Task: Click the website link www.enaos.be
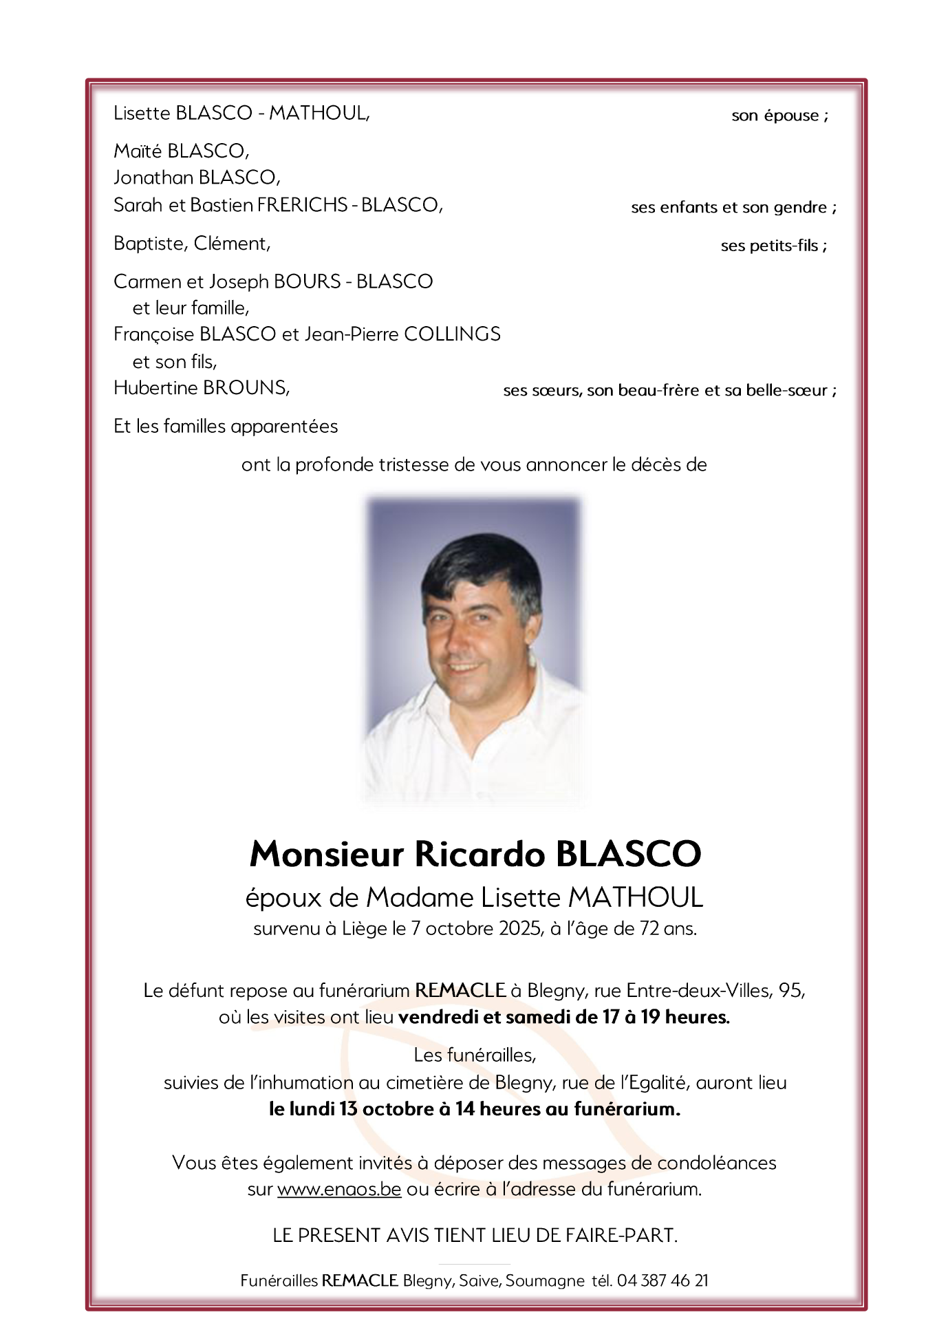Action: coord(339,1189)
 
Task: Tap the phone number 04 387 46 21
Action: coord(662,1280)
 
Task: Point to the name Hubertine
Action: coord(155,388)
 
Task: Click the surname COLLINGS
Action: coord(452,334)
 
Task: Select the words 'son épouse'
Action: coord(775,116)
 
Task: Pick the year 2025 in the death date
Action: coord(517,929)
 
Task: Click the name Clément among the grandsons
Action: coord(232,244)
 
